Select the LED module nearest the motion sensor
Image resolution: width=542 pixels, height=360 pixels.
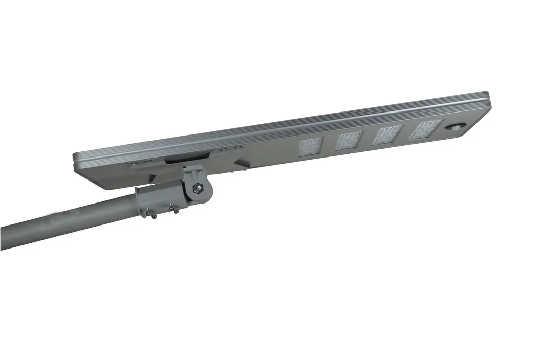424,130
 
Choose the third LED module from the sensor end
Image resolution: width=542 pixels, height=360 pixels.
349,141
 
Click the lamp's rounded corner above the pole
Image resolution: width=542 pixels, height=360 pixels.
80,164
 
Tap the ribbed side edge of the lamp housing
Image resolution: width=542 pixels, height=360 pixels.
281,125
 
